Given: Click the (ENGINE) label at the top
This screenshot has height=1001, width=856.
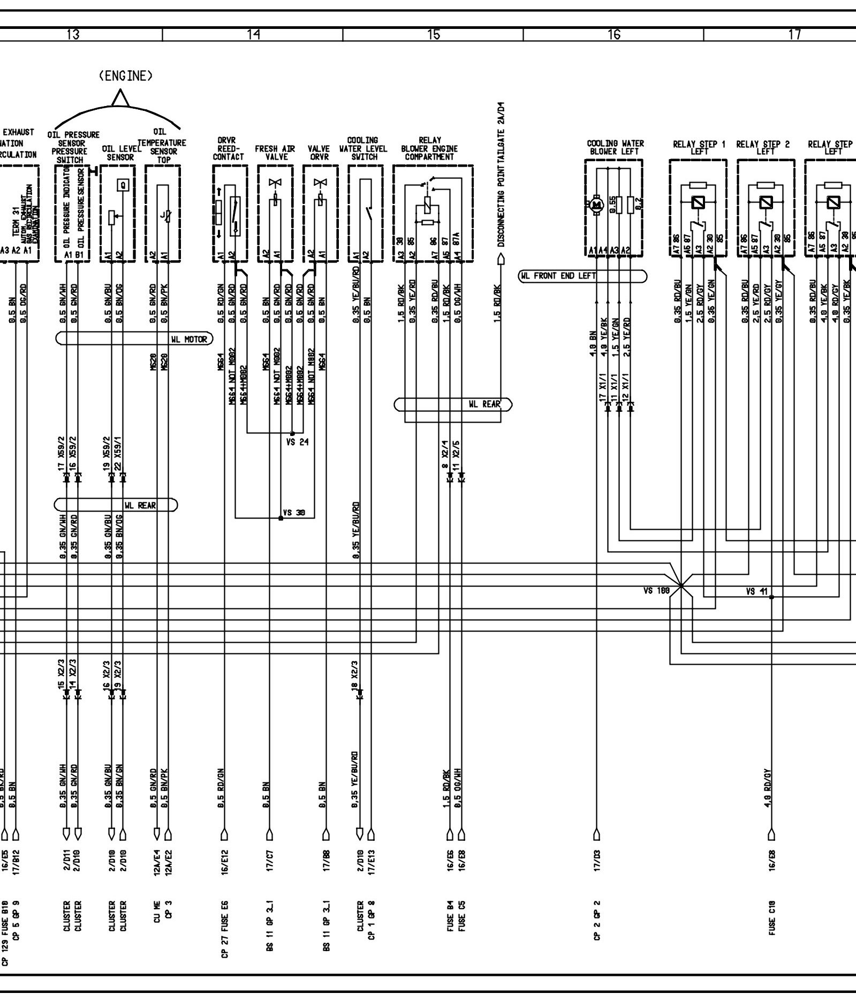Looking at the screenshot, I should click(x=126, y=76).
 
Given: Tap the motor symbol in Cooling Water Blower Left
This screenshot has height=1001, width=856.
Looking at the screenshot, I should click(x=594, y=204).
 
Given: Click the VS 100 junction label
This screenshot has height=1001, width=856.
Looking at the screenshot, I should click(x=656, y=591).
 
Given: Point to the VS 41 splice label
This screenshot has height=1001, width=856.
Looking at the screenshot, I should click(x=757, y=592).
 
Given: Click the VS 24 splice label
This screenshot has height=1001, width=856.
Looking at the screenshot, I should click(x=297, y=442).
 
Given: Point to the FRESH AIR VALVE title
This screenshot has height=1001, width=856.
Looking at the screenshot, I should click(x=275, y=153).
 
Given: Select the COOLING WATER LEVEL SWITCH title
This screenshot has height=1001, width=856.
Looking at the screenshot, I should click(x=363, y=148).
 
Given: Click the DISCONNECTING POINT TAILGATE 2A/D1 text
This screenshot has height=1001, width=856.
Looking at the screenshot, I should click(x=501, y=175).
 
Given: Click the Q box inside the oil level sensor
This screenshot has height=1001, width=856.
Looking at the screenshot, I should click(x=124, y=185).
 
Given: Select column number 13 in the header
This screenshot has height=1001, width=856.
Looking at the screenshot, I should click(x=73, y=35).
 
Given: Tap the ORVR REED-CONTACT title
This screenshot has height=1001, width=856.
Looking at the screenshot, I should click(x=228, y=149).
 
